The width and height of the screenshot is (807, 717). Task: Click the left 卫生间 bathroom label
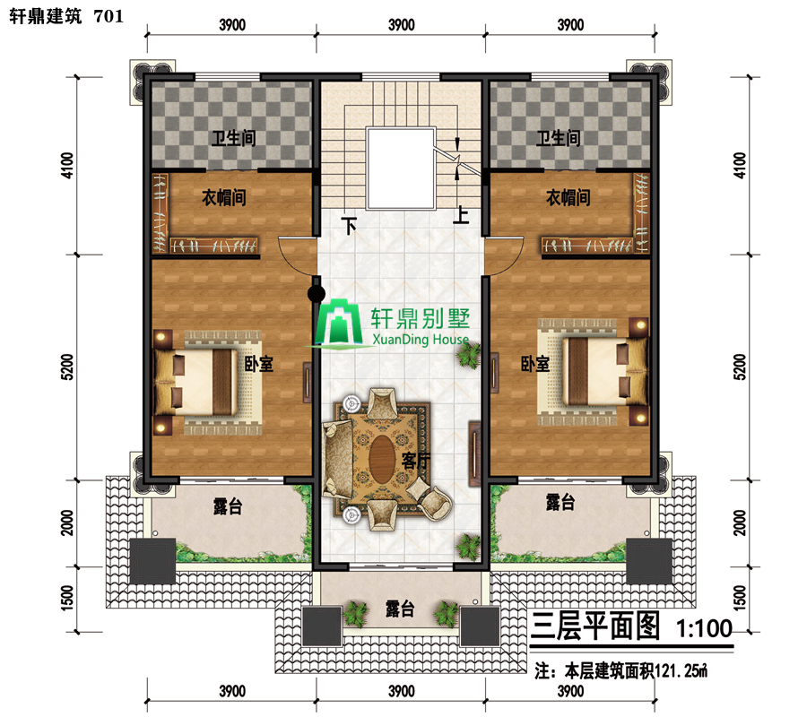click(x=234, y=138)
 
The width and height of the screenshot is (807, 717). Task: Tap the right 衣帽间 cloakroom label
click(x=568, y=197)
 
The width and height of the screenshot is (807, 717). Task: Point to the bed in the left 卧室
click(x=196, y=382)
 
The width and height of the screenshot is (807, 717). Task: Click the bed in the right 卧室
click(x=604, y=371)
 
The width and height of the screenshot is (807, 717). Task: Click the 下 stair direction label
click(x=350, y=225)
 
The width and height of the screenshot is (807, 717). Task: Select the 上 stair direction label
click(x=461, y=214)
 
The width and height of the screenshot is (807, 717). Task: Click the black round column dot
click(x=317, y=294)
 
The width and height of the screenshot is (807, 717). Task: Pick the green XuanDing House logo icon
click(x=339, y=323)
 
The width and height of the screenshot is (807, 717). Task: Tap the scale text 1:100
click(x=704, y=628)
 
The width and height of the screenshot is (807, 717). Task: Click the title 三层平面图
click(x=595, y=626)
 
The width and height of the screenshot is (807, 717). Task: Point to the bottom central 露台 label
click(x=400, y=609)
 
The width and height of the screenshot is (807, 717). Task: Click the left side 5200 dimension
click(x=67, y=367)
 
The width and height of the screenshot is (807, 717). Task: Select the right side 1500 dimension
click(x=739, y=598)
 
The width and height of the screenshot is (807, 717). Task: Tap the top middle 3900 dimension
click(x=402, y=25)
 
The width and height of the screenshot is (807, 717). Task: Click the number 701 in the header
click(x=109, y=16)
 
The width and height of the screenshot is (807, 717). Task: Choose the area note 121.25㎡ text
click(x=681, y=670)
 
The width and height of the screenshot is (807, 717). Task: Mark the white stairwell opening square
click(x=401, y=168)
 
